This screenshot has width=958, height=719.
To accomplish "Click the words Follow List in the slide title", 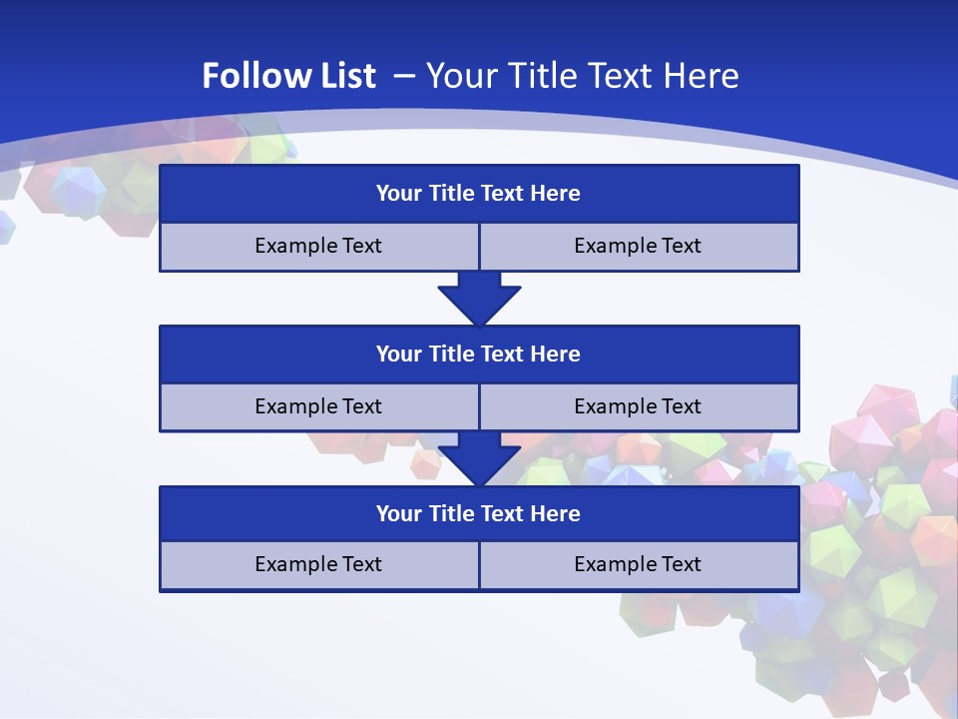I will tap(288, 76).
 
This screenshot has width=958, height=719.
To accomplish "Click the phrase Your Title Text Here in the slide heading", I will tap(582, 76).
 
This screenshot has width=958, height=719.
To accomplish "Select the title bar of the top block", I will tap(479, 194).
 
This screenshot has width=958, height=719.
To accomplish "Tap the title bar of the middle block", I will tap(479, 354).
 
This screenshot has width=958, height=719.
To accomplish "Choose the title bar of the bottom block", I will tap(479, 513).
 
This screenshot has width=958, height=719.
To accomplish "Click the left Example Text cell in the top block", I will tap(318, 246).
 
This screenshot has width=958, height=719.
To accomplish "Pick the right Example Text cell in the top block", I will tap(638, 246).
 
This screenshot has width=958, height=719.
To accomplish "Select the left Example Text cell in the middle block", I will tap(318, 406).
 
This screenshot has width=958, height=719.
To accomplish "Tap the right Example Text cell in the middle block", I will tap(638, 406).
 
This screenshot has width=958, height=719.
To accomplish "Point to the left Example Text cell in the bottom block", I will tap(318, 564).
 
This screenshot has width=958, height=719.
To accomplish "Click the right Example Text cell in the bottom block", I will tap(638, 564).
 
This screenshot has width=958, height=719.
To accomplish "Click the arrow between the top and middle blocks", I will tap(479, 298).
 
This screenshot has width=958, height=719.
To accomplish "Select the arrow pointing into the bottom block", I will tap(479, 458).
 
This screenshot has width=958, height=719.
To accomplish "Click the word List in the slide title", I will tap(345, 76).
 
